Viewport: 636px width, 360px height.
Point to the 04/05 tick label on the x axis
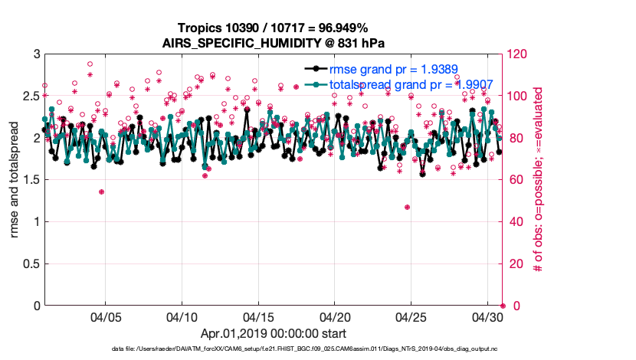pyautogui.click(x=106, y=317)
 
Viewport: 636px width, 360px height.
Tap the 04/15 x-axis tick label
pyautogui.click(x=258, y=317)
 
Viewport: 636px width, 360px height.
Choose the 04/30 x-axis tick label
pyautogui.click(x=487, y=317)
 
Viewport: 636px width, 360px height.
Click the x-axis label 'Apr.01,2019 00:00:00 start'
pyautogui.click(x=273, y=333)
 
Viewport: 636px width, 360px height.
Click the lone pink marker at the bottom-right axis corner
pyautogui.click(x=502, y=306)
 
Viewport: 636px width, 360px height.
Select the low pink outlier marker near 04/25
pyautogui.click(x=407, y=207)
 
